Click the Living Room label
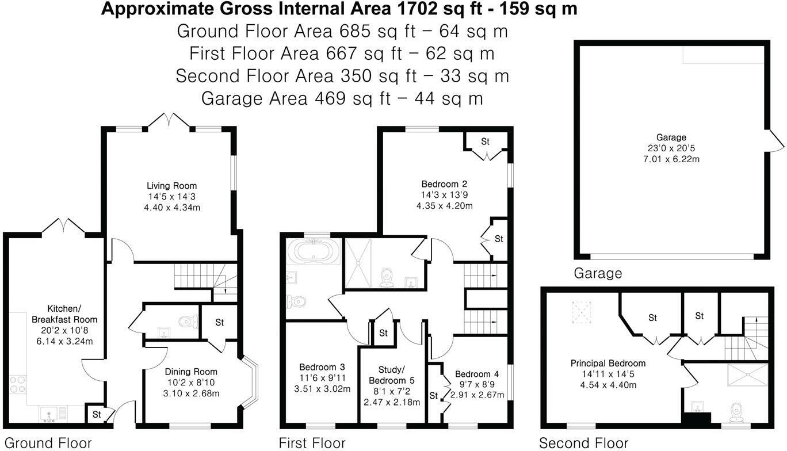tap(171, 185)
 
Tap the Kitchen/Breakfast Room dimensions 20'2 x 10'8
tap(64, 330)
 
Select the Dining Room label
tap(191, 372)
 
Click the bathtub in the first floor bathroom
tap(314, 251)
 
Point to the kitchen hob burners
tap(18, 385)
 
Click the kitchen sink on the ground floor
tap(49, 414)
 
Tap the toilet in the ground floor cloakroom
tap(188, 322)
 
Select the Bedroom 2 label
tap(444, 184)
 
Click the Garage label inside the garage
tap(671, 137)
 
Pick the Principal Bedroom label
tap(608, 363)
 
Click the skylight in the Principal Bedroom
tap(581, 312)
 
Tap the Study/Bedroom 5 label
tap(391, 375)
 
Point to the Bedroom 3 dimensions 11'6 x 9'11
tap(322, 378)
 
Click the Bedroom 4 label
tap(477, 374)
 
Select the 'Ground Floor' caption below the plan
tap(48, 443)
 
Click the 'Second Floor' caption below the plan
tap(583, 443)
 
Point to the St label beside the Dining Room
tap(220, 322)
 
